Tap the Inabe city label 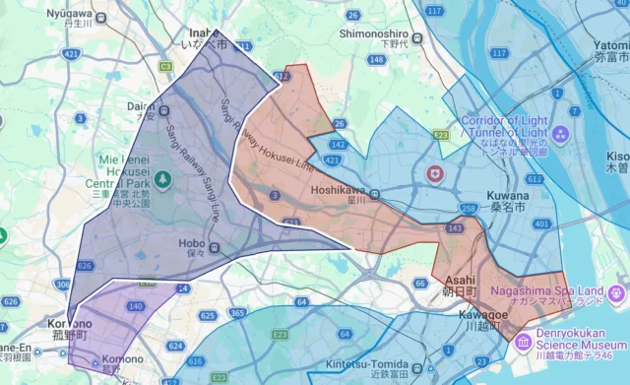[x=208, y=38]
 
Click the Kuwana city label [x=507, y=202]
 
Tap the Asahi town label [x=458, y=286]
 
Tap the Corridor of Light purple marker [x=560, y=134]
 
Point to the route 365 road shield [x=237, y=314]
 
